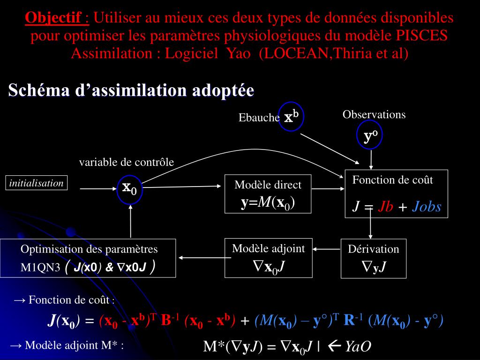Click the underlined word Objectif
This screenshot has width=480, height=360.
pos(53,18)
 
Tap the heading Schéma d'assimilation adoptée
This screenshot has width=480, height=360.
pos(131,90)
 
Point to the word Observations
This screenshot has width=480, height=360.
pos(374,114)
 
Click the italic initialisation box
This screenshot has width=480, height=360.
pos(37,183)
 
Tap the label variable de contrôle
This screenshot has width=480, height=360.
pos(127,162)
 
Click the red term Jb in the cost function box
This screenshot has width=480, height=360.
pos(385,207)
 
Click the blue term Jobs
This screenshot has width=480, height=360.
pos(427,207)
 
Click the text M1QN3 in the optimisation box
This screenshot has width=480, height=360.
pos(40,268)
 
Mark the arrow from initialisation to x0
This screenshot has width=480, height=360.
pos(98,189)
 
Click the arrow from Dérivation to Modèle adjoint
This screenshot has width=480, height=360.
pos(327,249)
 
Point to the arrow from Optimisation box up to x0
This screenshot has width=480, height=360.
pos(131,221)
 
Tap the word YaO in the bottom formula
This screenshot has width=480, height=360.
pos(358,346)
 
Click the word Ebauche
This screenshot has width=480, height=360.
pos(259,118)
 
